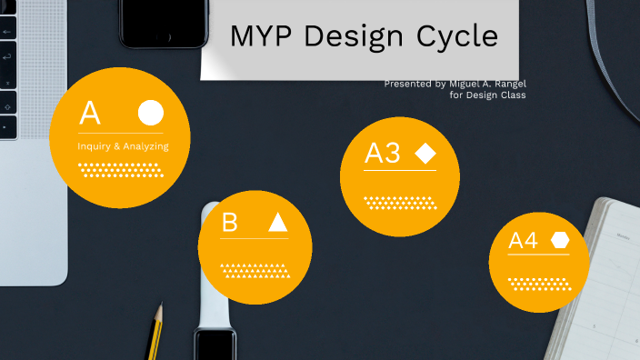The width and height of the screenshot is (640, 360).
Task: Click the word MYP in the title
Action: click(x=261, y=36)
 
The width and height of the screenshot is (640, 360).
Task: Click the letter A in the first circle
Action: click(x=89, y=114)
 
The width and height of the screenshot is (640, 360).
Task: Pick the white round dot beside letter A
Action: click(x=151, y=113)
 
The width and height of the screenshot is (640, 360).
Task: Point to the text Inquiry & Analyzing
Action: click(x=123, y=145)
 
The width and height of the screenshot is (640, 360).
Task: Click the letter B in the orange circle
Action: click(x=230, y=222)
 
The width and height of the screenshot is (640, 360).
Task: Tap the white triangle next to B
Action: click(x=278, y=222)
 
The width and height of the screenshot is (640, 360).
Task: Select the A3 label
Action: click(x=383, y=153)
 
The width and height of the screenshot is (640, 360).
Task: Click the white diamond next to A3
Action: click(x=425, y=153)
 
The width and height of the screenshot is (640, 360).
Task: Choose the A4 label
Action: click(x=523, y=241)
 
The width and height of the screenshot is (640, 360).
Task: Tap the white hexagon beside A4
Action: click(x=559, y=240)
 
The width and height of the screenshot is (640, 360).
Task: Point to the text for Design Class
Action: click(x=487, y=95)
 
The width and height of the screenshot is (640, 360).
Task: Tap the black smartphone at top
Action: click(x=161, y=23)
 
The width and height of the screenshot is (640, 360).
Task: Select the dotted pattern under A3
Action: click(x=400, y=202)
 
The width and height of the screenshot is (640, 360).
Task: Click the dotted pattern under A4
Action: click(x=539, y=283)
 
